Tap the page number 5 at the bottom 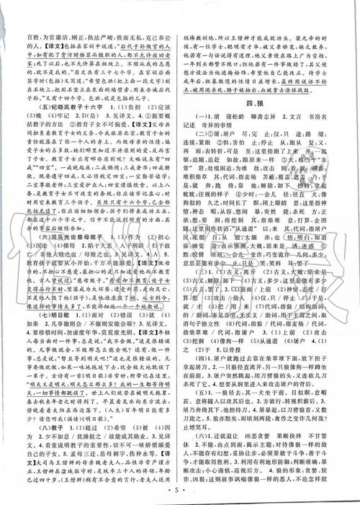[x=180, y=493]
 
